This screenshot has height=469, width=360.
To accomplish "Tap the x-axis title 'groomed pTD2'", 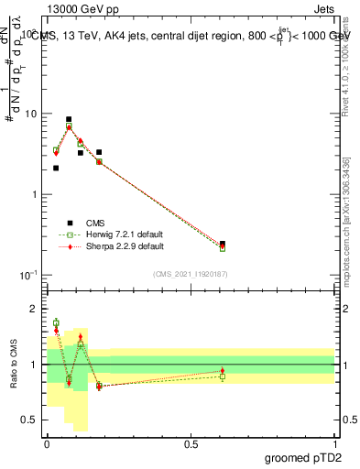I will (x=305, y=457).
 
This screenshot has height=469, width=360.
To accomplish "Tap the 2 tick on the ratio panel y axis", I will (x=37, y=309).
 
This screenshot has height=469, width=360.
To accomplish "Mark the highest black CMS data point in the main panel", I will (x=69, y=119).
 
